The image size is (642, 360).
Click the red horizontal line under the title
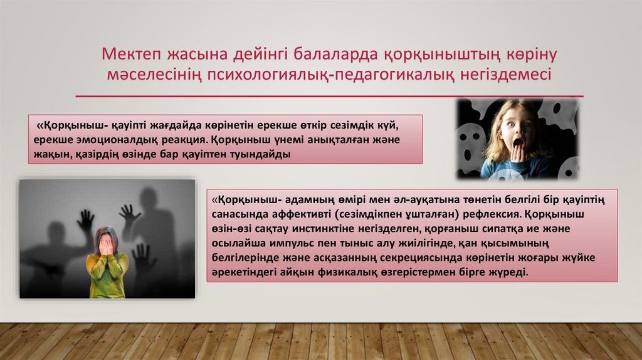coord(330,96)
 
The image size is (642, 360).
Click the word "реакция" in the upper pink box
coord(186,140)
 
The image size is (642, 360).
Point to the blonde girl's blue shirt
coord(517,168)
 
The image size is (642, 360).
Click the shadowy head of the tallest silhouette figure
coord(148,199)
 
